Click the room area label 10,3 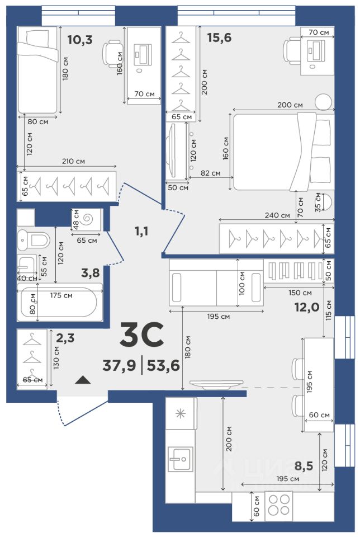(x=80, y=40)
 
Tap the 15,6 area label (x=219, y=37)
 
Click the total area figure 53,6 (x=163, y=366)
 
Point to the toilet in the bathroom (x=33, y=239)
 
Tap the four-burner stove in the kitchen (x=278, y=505)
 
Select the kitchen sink (x=181, y=459)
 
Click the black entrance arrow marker (x=83, y=379)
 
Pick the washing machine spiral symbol (x=89, y=219)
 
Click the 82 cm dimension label (x=210, y=173)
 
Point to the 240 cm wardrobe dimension (x=277, y=215)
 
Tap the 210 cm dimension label (x=73, y=161)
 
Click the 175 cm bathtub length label (x=61, y=295)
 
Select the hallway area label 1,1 (x=141, y=232)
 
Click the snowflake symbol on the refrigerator (x=181, y=414)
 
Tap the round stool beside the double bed (x=323, y=101)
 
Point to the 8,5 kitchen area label (x=304, y=466)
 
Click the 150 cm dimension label (x=300, y=293)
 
